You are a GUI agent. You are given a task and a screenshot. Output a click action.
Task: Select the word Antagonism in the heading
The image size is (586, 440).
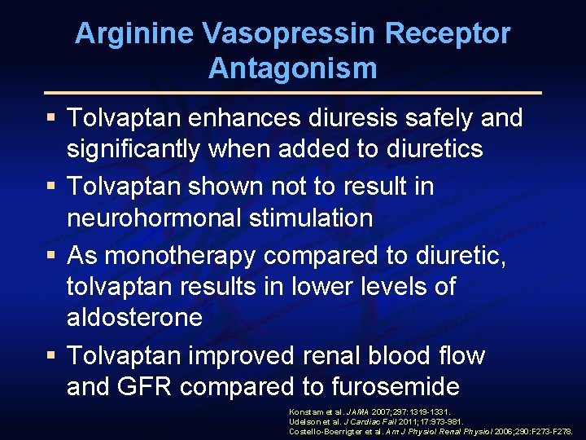(x=293, y=68)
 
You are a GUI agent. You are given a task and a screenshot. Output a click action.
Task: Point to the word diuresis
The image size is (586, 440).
(x=355, y=119)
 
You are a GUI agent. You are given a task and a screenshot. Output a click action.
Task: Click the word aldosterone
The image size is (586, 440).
(x=134, y=317)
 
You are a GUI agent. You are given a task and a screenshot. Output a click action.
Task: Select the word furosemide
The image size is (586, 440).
(x=390, y=385)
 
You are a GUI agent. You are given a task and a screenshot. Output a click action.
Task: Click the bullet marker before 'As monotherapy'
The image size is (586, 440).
(x=53, y=256)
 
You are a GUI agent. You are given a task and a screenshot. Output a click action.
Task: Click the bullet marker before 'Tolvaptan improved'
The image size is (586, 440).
(x=53, y=357)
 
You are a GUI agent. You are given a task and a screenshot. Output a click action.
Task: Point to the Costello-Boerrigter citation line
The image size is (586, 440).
(x=431, y=431)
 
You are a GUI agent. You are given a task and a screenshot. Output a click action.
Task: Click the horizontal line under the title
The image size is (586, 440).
(x=293, y=93)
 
